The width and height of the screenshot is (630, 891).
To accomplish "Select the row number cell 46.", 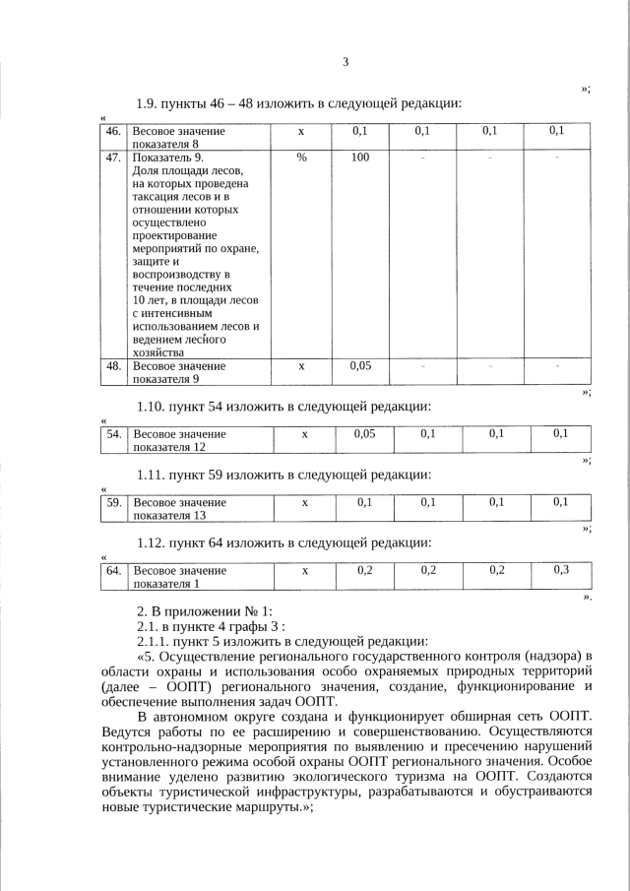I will coord(113,131).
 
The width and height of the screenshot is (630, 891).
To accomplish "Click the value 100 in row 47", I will coord(359,158).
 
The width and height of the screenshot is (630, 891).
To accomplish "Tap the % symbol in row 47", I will coord(301,158).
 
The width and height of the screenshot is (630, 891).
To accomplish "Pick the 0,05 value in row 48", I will coord(359,366).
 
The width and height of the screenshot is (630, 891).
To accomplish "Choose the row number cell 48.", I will coord(113,366).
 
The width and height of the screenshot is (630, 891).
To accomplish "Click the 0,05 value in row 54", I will coord(363,433).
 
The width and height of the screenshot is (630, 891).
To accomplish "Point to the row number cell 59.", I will coord(113,502).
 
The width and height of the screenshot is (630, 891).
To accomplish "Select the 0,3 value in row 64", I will coord(560,570).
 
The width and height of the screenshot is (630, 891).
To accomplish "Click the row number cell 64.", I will coord(113,570).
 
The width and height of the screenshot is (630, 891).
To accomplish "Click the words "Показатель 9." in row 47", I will coord(168,158).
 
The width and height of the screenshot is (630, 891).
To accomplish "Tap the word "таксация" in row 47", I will coord(158,197).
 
